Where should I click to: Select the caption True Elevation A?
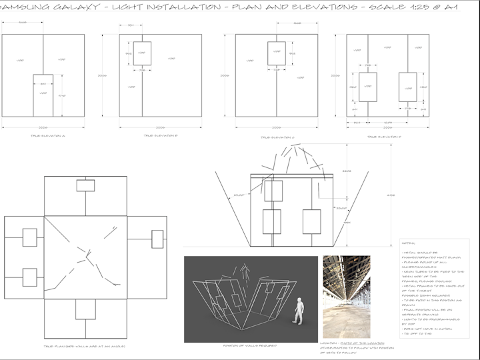click(44, 136)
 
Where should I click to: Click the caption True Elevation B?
click(160, 136)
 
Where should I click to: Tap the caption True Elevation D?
click(384, 136)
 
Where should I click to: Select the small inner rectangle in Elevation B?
click(142, 53)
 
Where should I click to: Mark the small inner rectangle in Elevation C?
click(277, 53)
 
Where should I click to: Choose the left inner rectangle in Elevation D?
click(368, 91)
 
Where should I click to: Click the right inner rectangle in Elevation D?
click(407, 91)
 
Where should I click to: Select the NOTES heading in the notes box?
click(411, 244)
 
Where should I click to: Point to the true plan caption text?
click(84, 346)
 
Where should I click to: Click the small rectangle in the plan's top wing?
click(85, 185)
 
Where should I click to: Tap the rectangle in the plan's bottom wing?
click(85, 310)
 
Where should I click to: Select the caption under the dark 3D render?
click(250, 346)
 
